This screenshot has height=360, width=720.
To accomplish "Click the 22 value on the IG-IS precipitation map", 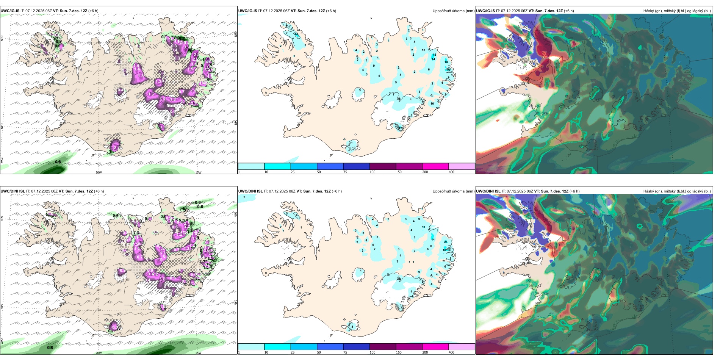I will [x=449, y=70].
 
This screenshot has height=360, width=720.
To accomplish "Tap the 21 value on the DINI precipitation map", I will [x=446, y=242].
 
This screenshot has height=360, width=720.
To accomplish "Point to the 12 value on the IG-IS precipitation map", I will [x=400, y=128].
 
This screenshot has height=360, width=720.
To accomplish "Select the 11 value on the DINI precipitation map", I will [x=424, y=227].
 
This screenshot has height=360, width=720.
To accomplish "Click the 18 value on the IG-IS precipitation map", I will [x=446, y=62].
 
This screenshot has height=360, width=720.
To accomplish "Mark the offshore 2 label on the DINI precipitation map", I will [x=244, y=197].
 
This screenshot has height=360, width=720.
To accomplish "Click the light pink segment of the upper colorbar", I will [x=462, y=166].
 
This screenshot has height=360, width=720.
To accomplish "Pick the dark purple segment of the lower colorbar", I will [x=383, y=347].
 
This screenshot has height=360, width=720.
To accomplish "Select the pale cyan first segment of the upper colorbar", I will [x=251, y=166].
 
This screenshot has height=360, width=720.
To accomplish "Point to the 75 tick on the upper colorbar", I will [x=345, y=172].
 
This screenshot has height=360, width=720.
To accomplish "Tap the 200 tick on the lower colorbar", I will [x=425, y=352].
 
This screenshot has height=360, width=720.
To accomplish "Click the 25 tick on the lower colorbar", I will [x=293, y=352].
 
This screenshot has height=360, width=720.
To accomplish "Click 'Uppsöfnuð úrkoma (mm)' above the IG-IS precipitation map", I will [x=453, y=11].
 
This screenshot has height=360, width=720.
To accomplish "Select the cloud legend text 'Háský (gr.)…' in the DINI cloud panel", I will [x=677, y=191].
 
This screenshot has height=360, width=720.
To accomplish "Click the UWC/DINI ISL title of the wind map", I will [x=13, y=191].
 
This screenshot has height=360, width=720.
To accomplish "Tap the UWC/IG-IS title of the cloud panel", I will [x=485, y=11].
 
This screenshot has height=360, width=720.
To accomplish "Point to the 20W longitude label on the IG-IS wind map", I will [x=99, y=172].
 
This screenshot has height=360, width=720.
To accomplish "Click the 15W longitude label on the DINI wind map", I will [x=198, y=353].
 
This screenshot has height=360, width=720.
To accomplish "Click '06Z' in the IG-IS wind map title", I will [x=49, y=11].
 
